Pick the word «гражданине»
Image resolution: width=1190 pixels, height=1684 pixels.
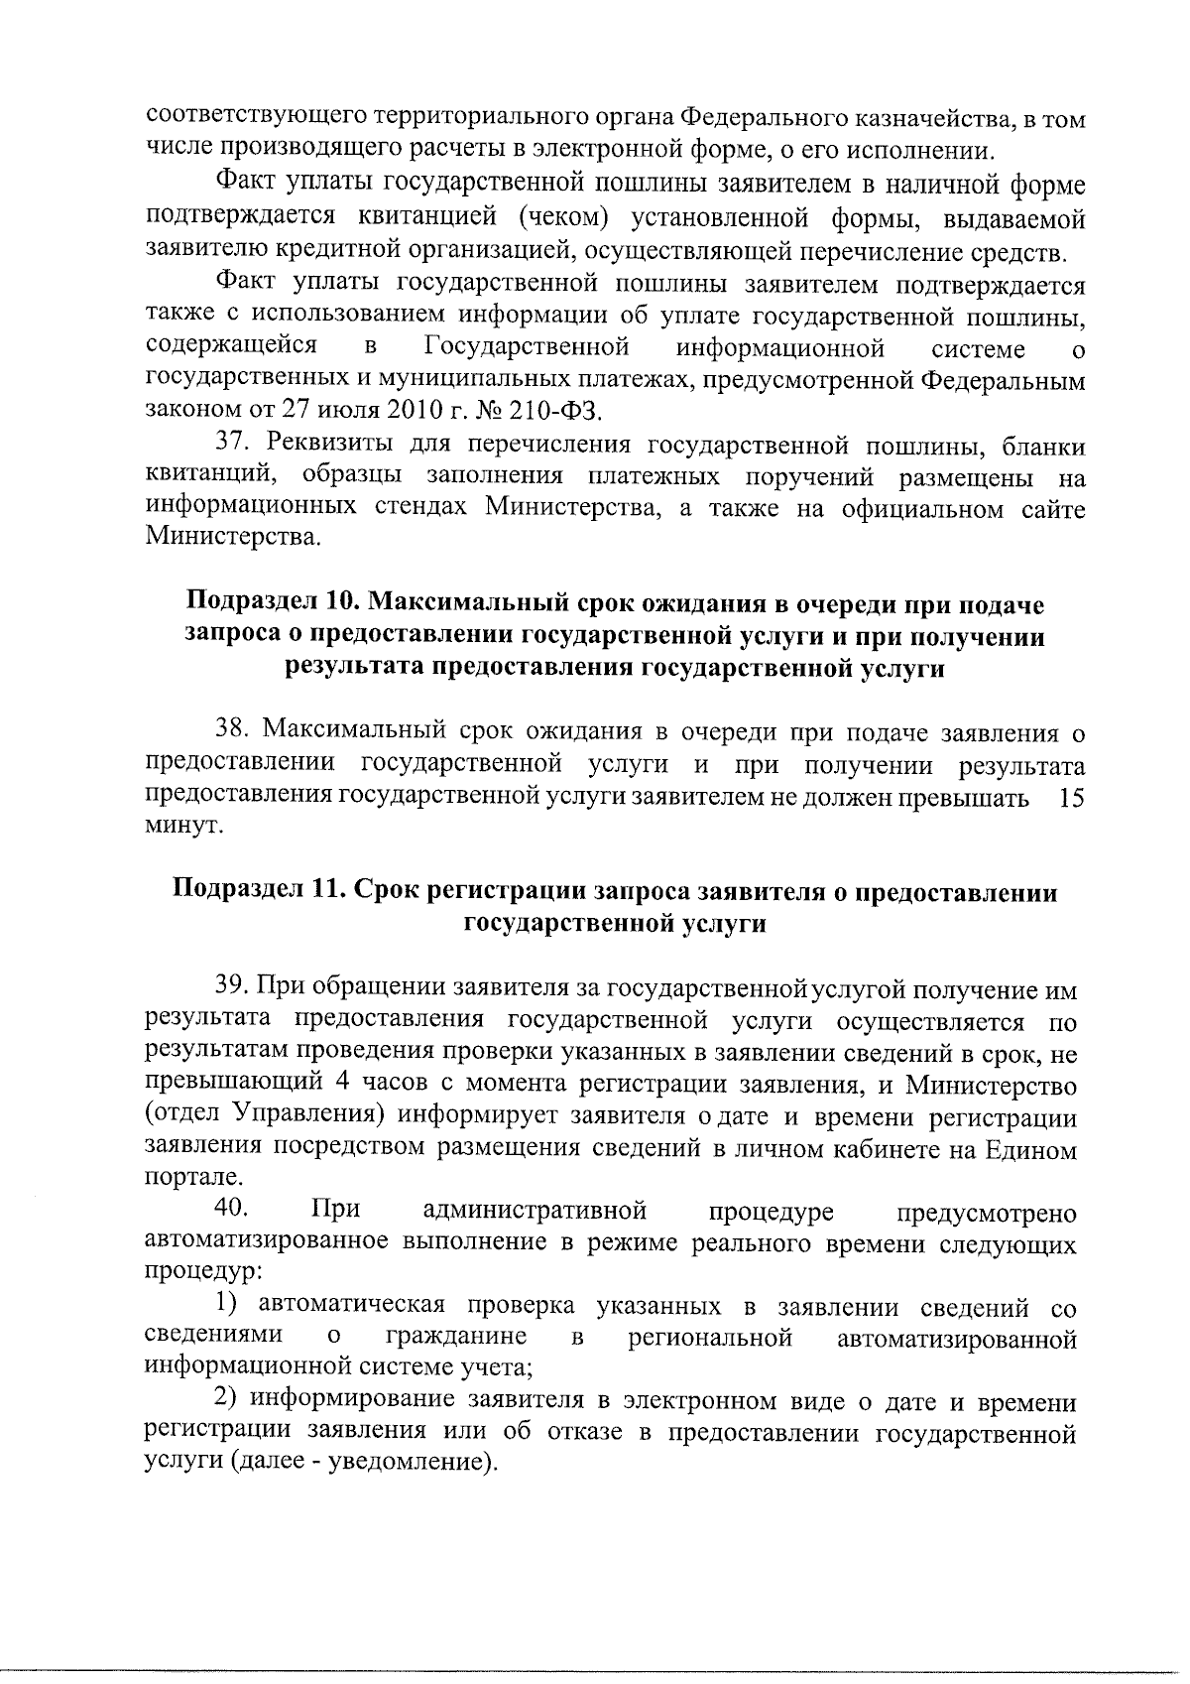click(458, 1339)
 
